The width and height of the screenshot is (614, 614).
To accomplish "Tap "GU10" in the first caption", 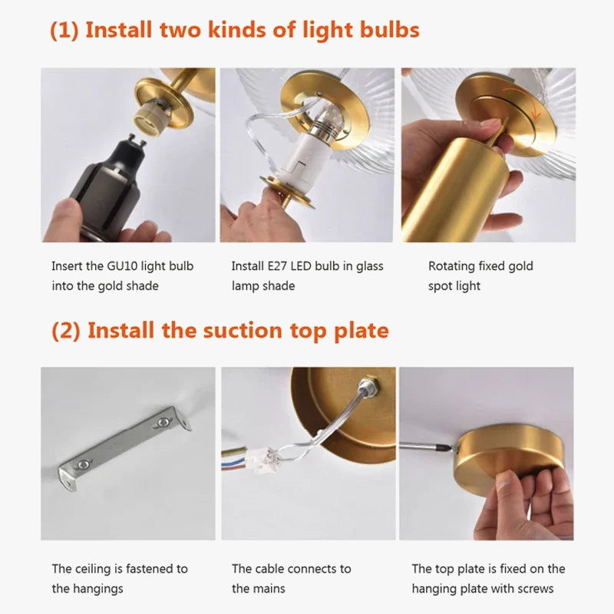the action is (122, 266).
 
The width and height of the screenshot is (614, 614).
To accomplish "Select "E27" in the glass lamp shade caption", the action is (277, 266).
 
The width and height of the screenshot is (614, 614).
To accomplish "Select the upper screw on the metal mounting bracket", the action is (162, 421).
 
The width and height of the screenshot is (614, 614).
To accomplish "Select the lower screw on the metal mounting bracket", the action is (82, 465).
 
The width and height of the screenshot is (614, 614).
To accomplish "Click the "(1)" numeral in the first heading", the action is (64, 30).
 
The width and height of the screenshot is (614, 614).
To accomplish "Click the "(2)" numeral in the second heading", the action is (66, 331).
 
